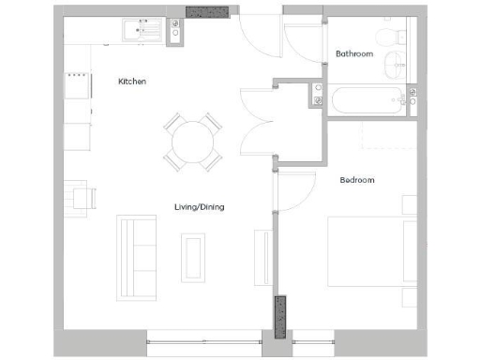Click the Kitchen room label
pos(131,82)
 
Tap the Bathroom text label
pos(354,53)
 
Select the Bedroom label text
pos(357,179)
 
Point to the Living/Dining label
pos(199,206)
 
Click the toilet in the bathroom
pos(383,37)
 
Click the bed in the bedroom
pos(368,252)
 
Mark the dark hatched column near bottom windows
pos(279,318)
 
